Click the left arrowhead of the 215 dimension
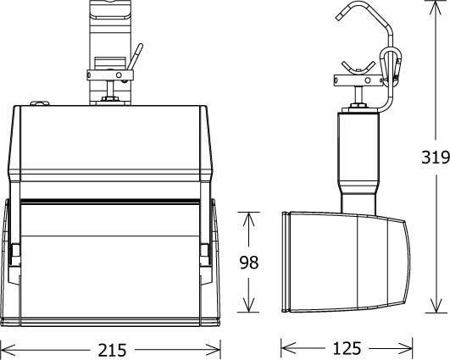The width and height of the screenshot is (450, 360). coord(6,348)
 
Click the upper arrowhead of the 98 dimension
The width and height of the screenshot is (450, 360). coord(248,218)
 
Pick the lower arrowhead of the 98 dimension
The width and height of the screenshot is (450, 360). coord(248,307)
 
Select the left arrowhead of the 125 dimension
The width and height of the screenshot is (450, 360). coord(286,348)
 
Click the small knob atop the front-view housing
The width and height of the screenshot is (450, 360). coord(38,103)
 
